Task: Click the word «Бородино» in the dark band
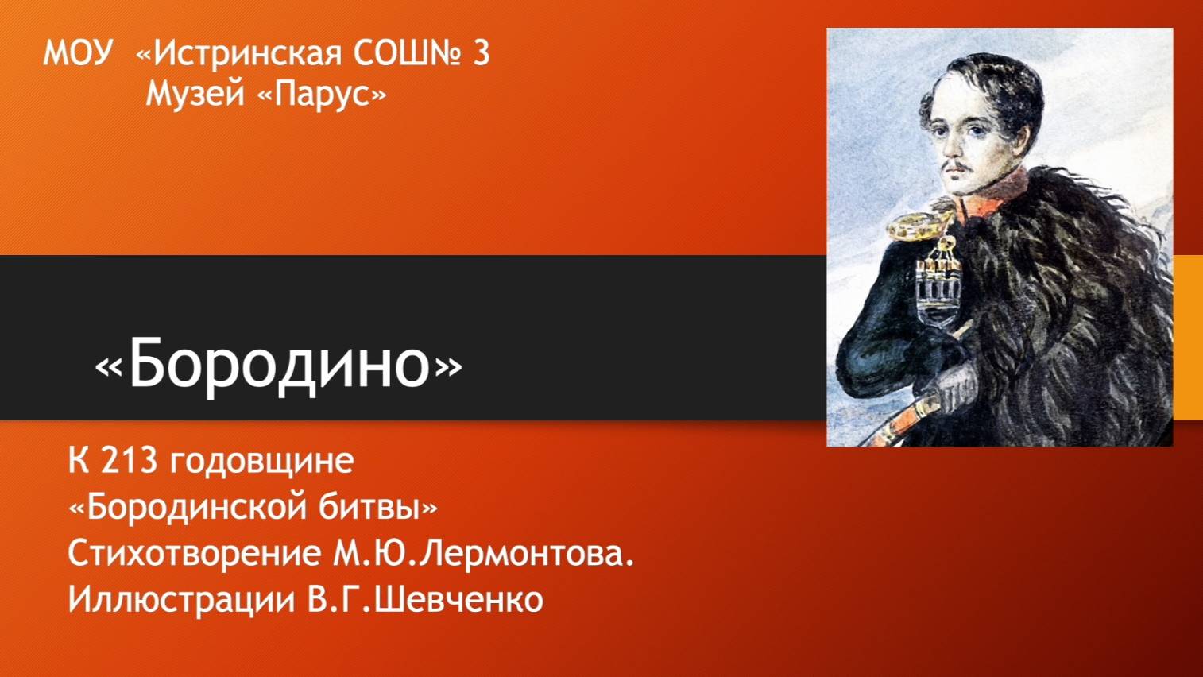(278, 363)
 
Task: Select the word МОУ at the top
(78, 53)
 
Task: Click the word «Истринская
(238, 53)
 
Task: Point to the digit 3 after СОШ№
(481, 53)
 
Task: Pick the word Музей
(195, 95)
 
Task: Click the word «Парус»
(322, 95)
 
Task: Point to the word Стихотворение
(194, 554)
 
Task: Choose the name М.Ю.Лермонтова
(483, 554)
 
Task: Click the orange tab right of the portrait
(1188, 338)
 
